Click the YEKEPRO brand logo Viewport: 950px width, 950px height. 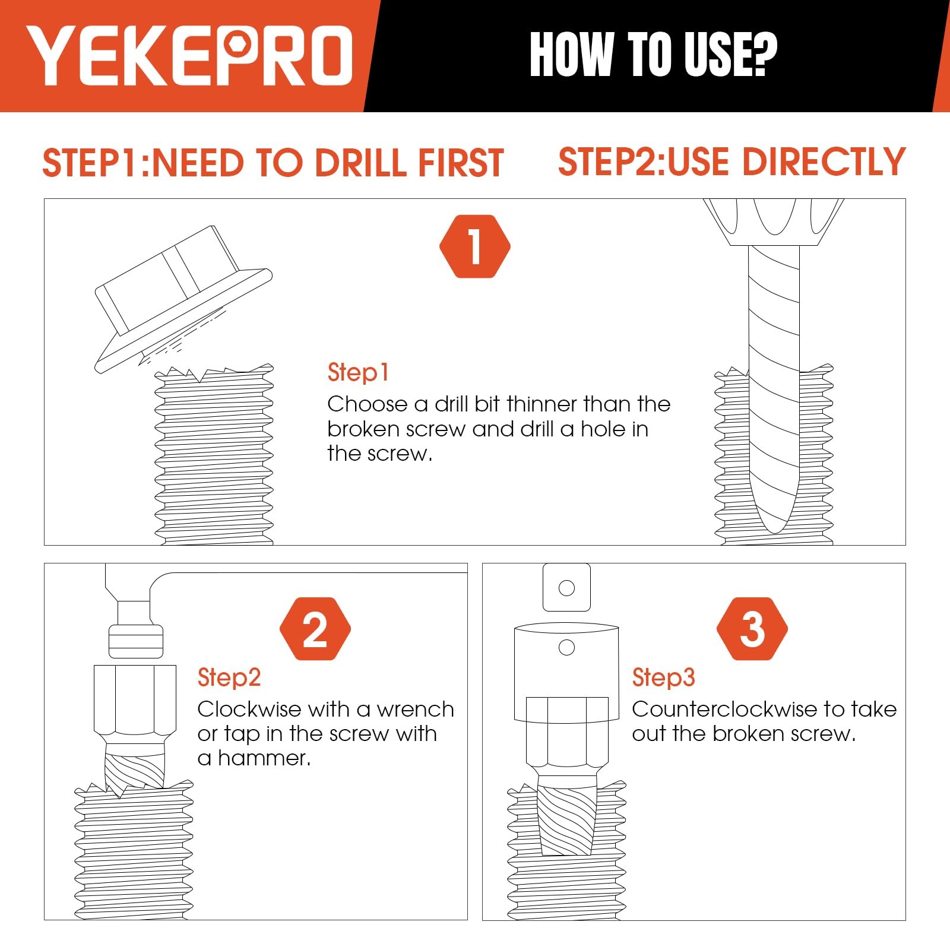(x=190, y=55)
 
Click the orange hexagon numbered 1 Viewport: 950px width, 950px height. (x=475, y=246)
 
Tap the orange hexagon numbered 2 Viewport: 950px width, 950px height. (x=315, y=629)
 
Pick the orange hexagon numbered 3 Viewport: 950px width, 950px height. (x=752, y=629)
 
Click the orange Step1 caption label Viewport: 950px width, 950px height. (x=358, y=373)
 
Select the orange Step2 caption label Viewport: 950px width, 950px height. (x=229, y=677)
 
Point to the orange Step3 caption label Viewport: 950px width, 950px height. (x=663, y=677)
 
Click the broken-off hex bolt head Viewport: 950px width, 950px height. (x=183, y=299)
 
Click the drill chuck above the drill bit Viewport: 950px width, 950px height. (x=774, y=222)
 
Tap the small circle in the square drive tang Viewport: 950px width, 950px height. (x=567, y=588)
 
